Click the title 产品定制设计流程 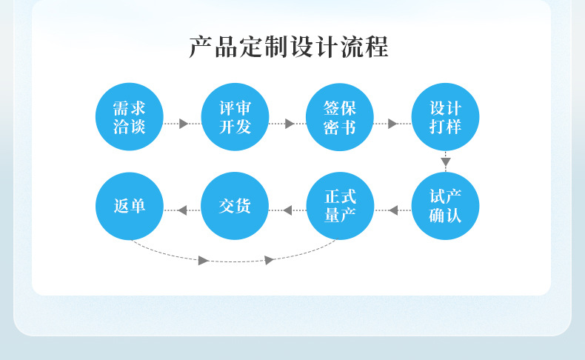click(289, 47)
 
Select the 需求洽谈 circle click(130, 117)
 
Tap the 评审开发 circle click(235, 117)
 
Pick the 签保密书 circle click(340, 117)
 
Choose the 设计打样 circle click(445, 117)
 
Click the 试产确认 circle click(445, 206)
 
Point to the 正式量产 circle click(340, 206)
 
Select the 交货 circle click(235, 206)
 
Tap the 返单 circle click(130, 206)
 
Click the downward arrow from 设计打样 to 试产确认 click(445, 161)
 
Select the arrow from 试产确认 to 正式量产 click(393, 210)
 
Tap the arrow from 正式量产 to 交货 click(287, 210)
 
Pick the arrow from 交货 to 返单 click(182, 210)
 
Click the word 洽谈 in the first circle click(130, 127)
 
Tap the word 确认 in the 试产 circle click(445, 216)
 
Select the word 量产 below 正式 click(340, 216)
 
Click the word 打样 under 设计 click(445, 127)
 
